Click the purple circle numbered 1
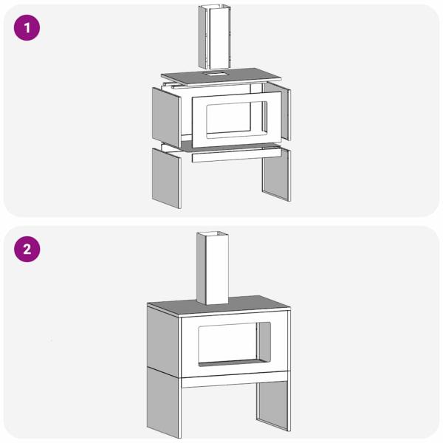pyautogui.click(x=27, y=28)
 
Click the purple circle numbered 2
pyautogui.click(x=27, y=250)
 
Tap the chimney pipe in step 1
pyautogui.click(x=215, y=37)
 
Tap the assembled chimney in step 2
pyautogui.click(x=213, y=269)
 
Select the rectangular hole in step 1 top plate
pyautogui.click(x=214, y=74)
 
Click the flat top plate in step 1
pyautogui.click(x=221, y=76)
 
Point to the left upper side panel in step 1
pyautogui.click(x=166, y=117)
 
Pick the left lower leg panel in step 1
pyautogui.click(x=166, y=178)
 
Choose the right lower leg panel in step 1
pyautogui.click(x=276, y=174)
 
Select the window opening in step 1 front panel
pyautogui.click(x=237, y=120)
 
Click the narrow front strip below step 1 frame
pyautogui.click(x=236, y=156)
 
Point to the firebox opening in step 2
pyautogui.click(x=235, y=344)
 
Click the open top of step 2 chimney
pyautogui.click(x=213, y=234)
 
